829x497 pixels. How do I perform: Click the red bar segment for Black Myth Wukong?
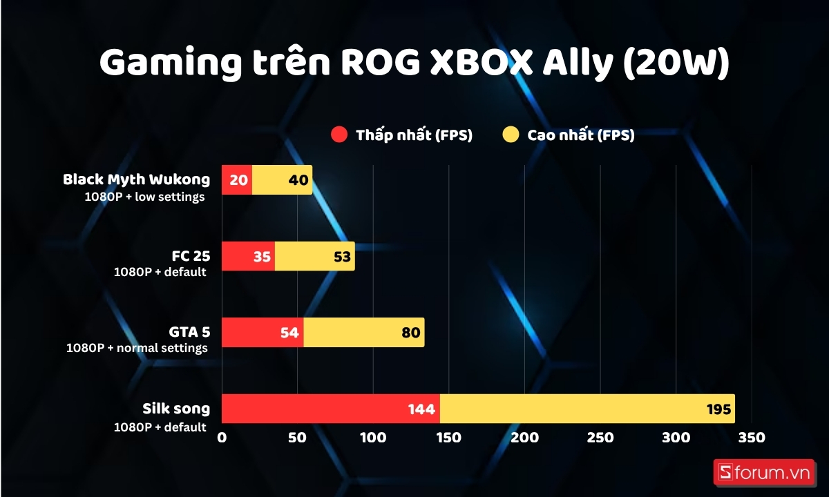[237, 179]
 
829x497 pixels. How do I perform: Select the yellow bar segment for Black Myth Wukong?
[283, 179]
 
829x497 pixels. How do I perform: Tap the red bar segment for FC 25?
[248, 256]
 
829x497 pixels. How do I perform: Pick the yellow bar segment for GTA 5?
[363, 333]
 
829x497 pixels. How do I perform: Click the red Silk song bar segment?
[330, 409]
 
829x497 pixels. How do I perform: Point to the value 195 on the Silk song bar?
[718, 409]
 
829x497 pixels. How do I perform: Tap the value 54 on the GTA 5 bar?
[290, 333]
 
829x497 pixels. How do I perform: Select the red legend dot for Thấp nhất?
[339, 135]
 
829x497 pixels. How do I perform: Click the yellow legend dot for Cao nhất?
[511, 135]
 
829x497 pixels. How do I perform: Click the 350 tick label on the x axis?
[751, 438]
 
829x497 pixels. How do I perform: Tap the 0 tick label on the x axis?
[222, 438]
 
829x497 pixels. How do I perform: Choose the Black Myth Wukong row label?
[136, 179]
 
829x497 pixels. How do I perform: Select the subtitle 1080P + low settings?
[145, 197]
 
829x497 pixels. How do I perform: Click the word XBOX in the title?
[483, 64]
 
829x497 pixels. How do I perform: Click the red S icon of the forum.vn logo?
[725, 472]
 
